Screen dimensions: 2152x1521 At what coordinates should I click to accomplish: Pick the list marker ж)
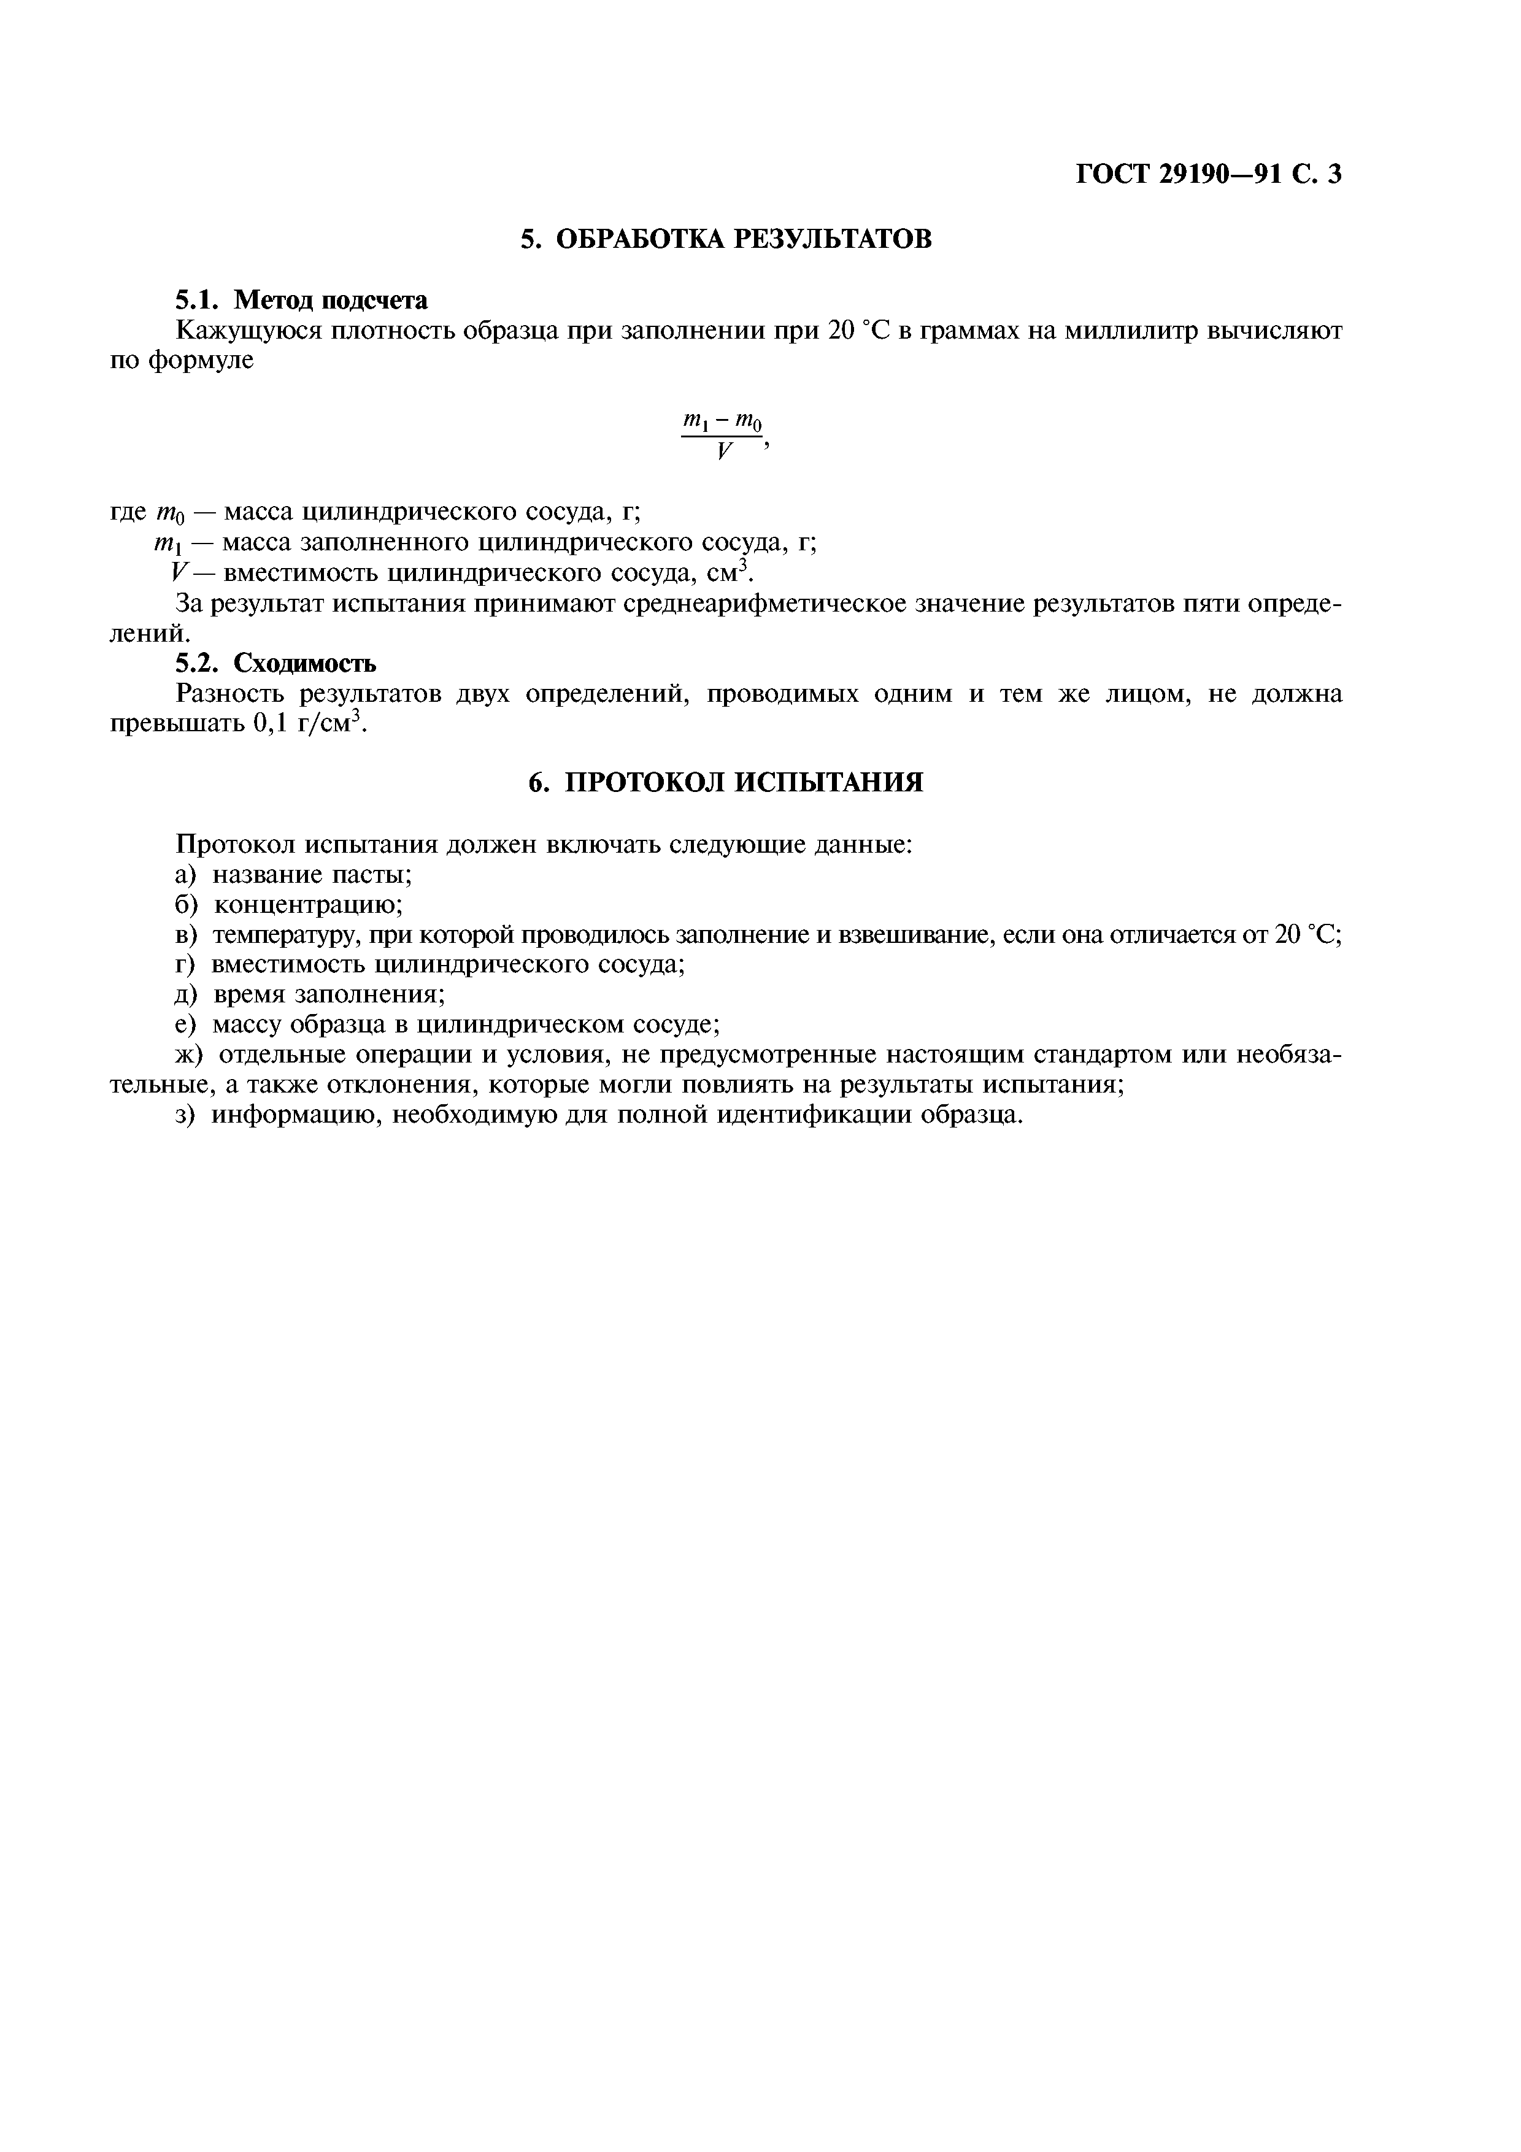coord(190,1055)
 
